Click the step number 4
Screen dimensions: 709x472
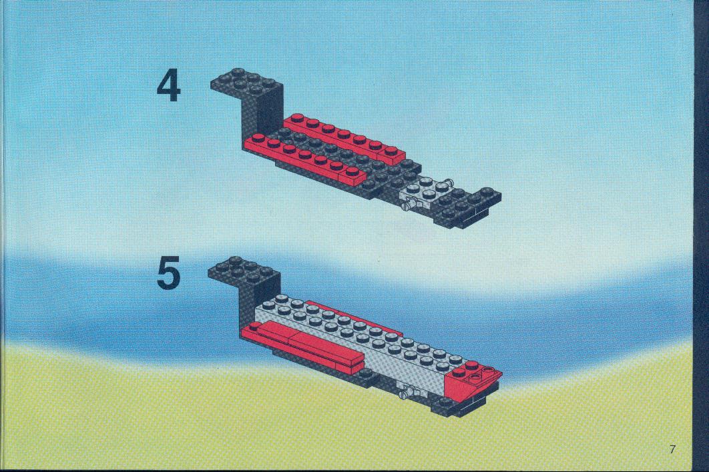pos(169,87)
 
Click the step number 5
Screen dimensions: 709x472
pos(169,273)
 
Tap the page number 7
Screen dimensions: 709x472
pos(672,449)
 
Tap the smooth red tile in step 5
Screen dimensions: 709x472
pos(303,343)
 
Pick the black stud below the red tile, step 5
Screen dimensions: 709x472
pos(365,373)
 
